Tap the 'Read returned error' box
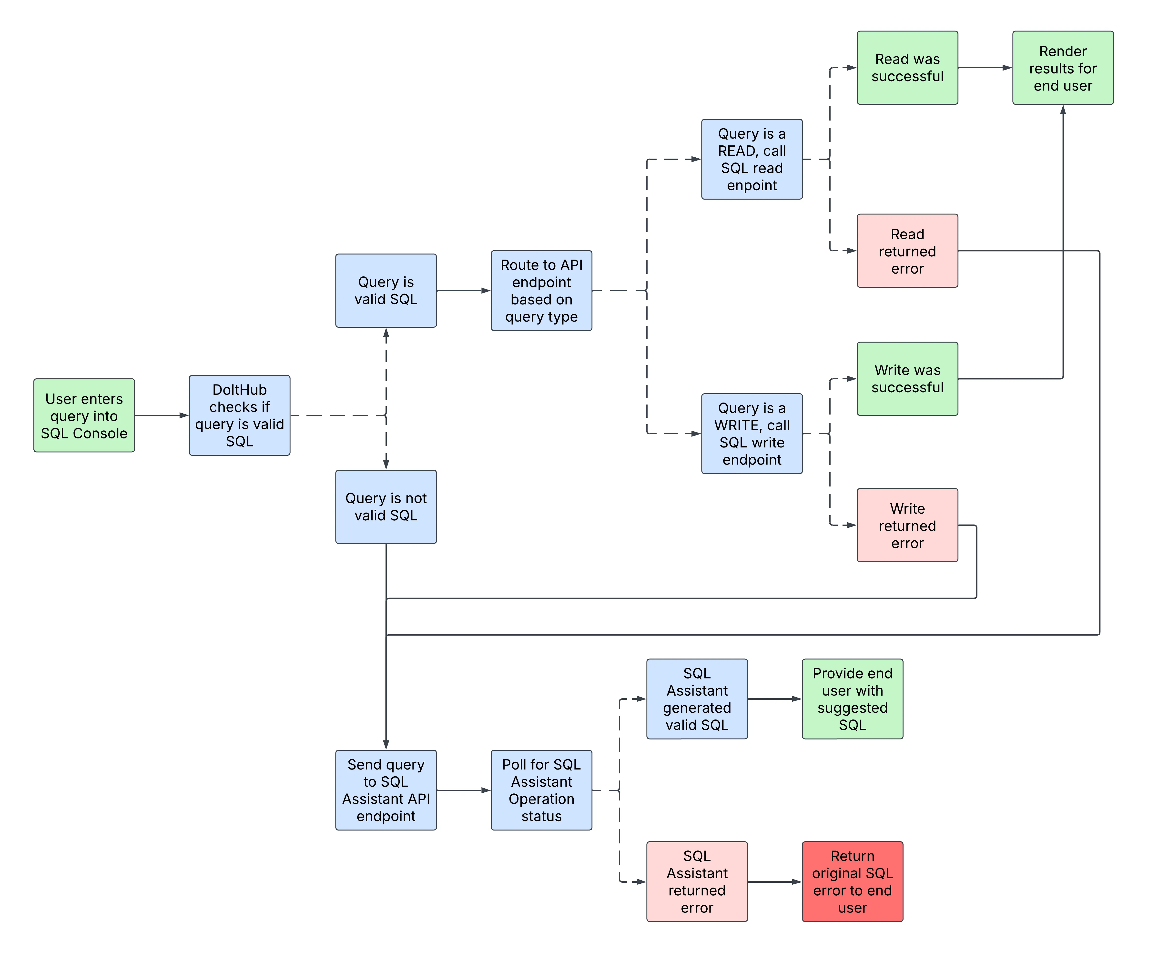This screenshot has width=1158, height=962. point(907,251)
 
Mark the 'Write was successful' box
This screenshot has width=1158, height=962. point(907,379)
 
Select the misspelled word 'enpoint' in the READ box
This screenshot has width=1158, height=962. point(752,185)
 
